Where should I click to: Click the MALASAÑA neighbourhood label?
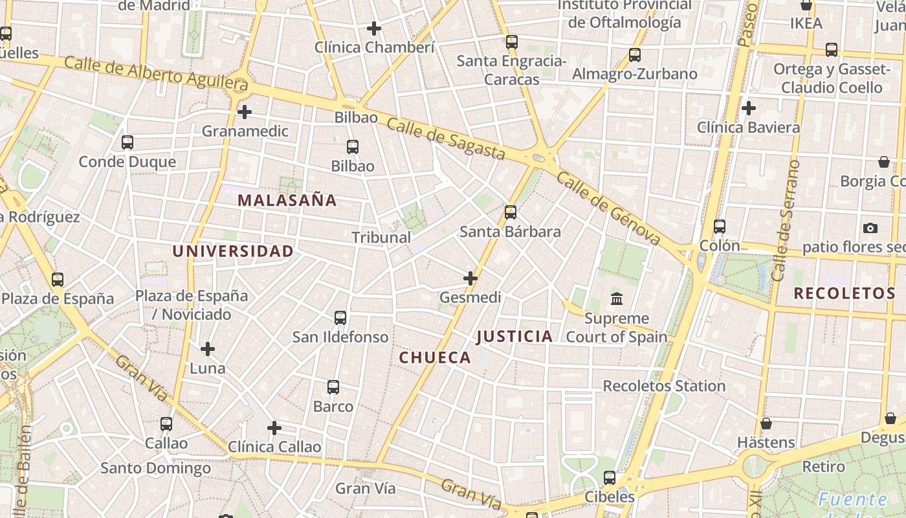point(287,200)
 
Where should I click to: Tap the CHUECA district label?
point(435,357)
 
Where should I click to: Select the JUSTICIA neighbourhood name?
point(514,336)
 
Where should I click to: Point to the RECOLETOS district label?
point(845,293)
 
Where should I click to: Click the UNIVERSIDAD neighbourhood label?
point(233,251)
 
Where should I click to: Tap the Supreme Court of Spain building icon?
point(617,299)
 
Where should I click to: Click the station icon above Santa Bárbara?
point(511,212)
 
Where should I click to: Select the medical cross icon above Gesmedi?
point(470,278)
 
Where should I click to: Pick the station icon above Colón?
point(720,227)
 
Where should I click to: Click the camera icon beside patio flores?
point(870,228)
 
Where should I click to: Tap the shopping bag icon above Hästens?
point(766,423)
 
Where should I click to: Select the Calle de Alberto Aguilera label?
point(156,73)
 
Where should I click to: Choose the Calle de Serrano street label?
point(786,220)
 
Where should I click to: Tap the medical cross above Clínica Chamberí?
point(374,28)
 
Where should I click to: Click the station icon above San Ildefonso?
point(340,318)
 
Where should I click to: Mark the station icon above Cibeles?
point(610,478)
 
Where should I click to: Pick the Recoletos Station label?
point(664,386)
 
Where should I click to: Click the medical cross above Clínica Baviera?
point(749,108)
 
